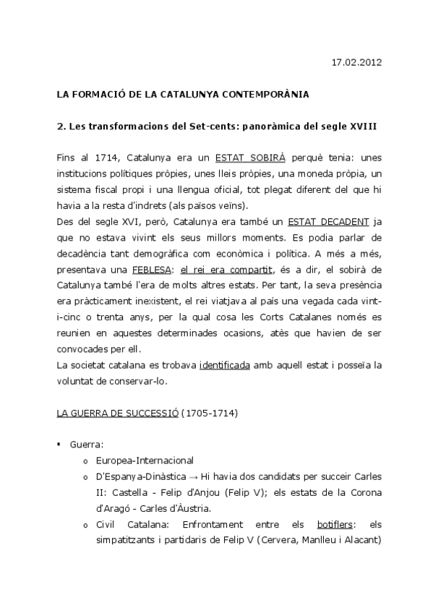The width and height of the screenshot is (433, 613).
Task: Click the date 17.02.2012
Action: [351, 63]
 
